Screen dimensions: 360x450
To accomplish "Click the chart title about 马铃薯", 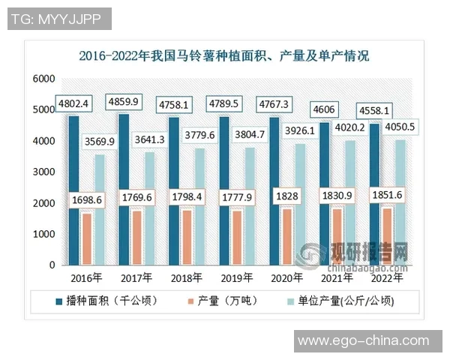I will click(224, 55).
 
